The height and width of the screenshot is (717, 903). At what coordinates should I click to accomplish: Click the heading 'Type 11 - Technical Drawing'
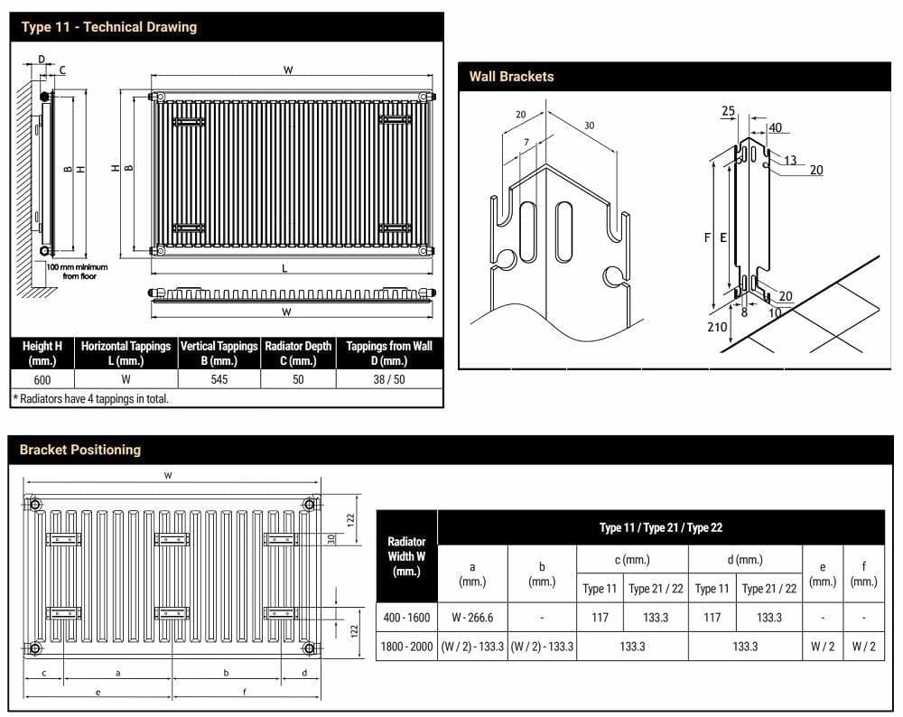108,27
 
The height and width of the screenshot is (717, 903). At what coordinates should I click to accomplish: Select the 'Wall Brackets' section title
511,77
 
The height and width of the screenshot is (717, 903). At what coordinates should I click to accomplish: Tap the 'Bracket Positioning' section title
80,450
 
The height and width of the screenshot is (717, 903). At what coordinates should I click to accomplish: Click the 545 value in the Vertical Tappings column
219,379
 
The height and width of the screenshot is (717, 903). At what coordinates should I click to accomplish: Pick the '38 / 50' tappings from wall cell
389,379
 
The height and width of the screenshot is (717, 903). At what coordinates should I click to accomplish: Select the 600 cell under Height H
42,379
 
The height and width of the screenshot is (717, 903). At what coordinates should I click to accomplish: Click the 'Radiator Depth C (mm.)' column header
298,353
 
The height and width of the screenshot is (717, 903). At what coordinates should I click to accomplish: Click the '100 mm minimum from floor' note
77,271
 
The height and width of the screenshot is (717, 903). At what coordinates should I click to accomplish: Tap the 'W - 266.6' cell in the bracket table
472,618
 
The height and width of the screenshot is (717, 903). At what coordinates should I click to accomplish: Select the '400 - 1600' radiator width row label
406,618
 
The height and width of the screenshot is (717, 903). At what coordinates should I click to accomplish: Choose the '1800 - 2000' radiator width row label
406,647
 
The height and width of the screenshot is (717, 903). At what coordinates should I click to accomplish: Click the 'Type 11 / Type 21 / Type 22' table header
661,527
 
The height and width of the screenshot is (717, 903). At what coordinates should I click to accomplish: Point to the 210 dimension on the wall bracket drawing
717,327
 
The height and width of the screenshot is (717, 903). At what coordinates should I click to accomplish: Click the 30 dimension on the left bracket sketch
589,126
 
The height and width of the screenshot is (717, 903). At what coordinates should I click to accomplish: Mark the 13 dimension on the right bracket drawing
790,161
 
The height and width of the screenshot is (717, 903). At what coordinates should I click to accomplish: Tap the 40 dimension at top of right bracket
775,128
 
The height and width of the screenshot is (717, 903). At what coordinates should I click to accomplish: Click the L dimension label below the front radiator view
285,268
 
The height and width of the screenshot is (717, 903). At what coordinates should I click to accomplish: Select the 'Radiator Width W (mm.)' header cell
406,556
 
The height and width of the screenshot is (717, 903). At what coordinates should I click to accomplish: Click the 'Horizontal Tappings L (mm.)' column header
126,353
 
